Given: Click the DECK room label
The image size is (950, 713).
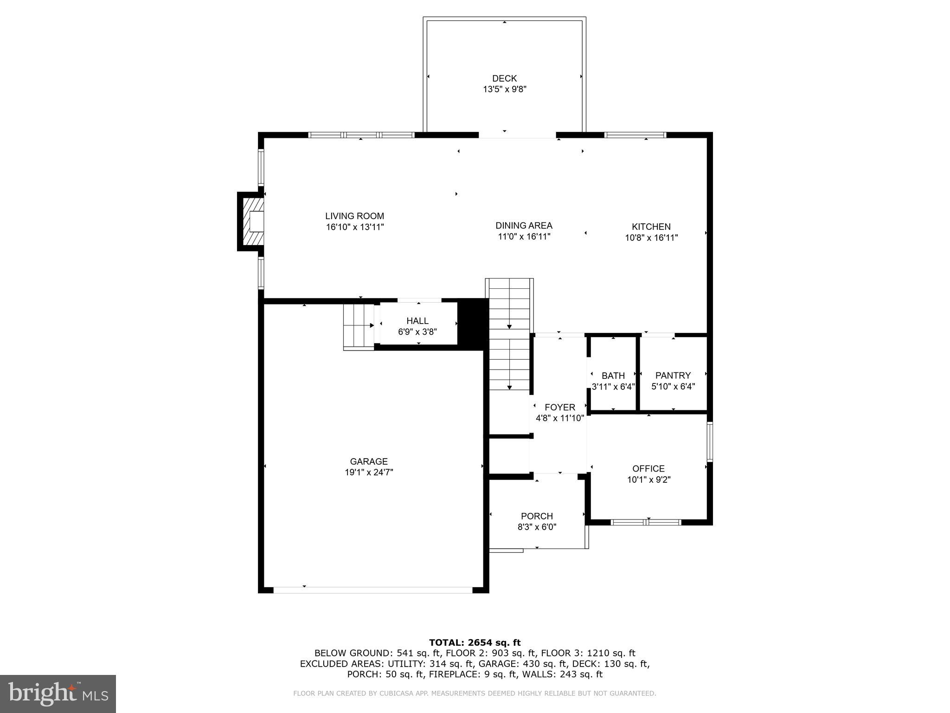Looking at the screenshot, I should click(x=504, y=78).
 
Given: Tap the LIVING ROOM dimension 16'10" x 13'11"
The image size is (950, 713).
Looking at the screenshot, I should click(x=355, y=227).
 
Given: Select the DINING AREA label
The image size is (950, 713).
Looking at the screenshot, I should click(x=524, y=226).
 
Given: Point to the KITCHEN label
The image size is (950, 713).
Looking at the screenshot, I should click(x=651, y=227).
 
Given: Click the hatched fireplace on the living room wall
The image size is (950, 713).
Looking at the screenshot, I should click(x=253, y=221).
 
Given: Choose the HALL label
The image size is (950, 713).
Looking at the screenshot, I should click(x=417, y=321).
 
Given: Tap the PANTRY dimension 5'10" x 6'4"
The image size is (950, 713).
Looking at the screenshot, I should click(x=673, y=386).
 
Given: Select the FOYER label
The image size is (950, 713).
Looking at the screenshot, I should click(x=559, y=407).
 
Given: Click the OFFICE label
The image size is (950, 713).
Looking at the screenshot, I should click(x=648, y=468).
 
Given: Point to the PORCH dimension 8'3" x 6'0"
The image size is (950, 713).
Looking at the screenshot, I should click(x=537, y=527).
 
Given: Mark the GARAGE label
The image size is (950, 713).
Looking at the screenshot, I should click(x=368, y=461).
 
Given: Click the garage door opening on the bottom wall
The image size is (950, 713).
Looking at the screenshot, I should click(x=372, y=590).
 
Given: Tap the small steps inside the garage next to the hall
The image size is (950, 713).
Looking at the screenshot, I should click(x=359, y=326).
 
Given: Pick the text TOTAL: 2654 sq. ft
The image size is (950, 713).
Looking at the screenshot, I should click(x=475, y=642).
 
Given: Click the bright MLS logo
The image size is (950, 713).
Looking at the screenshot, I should click(x=58, y=694).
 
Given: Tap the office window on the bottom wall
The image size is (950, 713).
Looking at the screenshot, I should click(x=646, y=522).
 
